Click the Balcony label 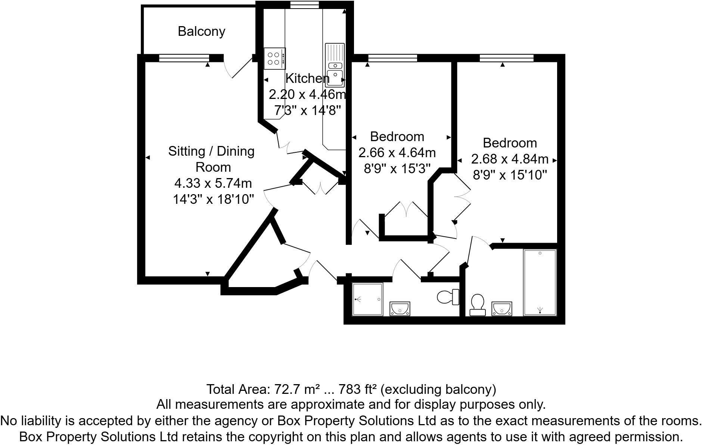[x=201, y=31]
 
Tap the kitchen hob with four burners [x=274, y=59]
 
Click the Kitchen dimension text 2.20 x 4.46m [x=307, y=94]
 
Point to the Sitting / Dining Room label [x=211, y=159]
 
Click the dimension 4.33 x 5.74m [x=213, y=183]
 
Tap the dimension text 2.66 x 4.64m [x=397, y=153]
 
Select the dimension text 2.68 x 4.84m [x=510, y=159]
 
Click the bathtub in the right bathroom [x=540, y=283]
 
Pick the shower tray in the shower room [x=368, y=299]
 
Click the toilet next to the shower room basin [x=448, y=297]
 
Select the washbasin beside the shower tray [x=400, y=309]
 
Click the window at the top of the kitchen [x=305, y=5]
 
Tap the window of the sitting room [x=184, y=58]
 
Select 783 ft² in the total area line [x=358, y=389]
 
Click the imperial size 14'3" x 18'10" [x=213, y=199]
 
